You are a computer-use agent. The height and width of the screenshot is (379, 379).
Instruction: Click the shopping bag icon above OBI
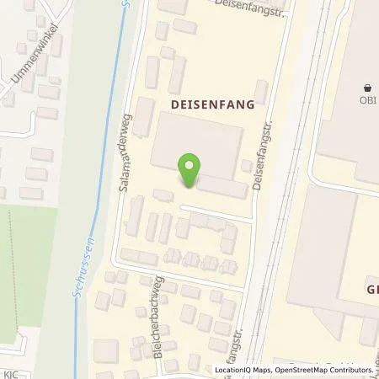[368, 88]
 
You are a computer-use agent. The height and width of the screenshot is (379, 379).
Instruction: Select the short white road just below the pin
[215, 212]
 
